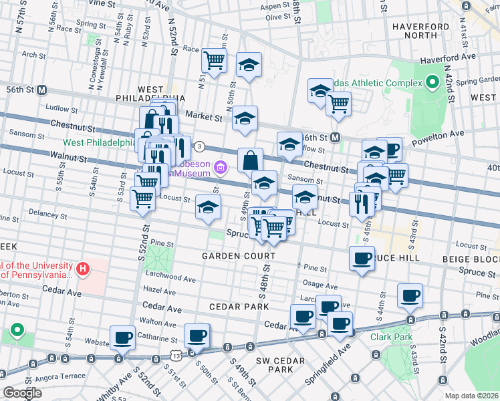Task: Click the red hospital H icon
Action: (83, 269)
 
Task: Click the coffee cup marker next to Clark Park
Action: (410, 295)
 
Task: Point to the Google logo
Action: (23, 393)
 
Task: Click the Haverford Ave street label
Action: (447, 59)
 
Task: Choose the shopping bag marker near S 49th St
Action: (250, 160)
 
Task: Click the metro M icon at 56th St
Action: (41, 90)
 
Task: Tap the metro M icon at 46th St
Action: (336, 137)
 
